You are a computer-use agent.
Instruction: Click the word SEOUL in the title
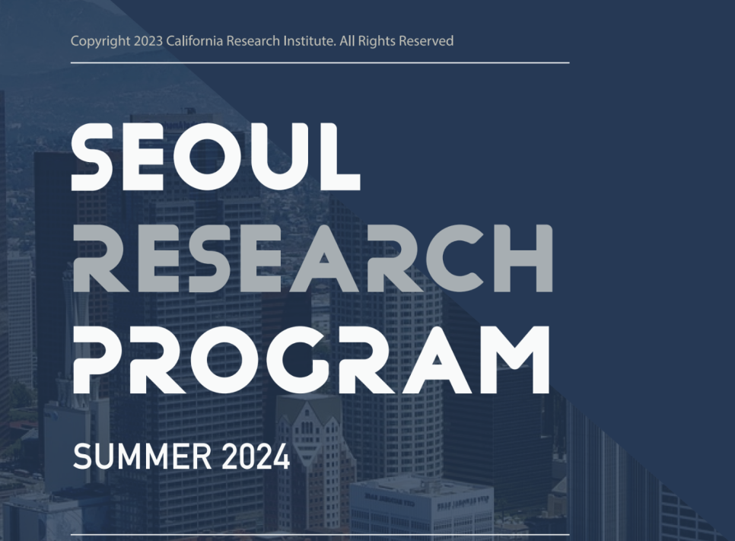(215, 157)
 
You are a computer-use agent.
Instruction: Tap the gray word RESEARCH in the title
(313, 258)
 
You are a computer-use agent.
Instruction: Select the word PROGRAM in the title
(311, 360)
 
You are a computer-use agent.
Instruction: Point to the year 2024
(256, 457)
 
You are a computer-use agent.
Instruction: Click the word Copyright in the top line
(100, 41)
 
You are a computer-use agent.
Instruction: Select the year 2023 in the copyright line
(148, 41)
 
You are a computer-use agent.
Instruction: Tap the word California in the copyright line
(195, 41)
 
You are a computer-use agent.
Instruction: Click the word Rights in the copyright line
(377, 41)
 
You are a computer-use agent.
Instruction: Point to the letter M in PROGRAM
(514, 360)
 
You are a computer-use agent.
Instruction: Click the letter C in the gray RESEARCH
(453, 258)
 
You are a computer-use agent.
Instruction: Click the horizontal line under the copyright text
(320, 62)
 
